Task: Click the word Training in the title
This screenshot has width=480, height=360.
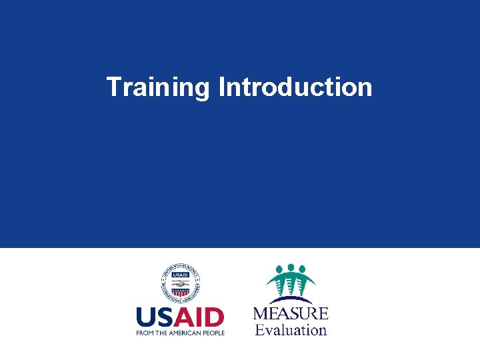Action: coord(158,87)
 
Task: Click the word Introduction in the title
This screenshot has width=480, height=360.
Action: coord(295,87)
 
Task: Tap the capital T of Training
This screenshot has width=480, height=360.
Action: coord(113,87)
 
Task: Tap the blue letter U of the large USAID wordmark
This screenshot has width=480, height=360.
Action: coord(147,317)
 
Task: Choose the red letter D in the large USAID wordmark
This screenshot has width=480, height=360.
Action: coord(214,317)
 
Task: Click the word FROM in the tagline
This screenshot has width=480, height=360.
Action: coord(145,333)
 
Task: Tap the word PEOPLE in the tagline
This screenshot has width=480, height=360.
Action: coord(215,333)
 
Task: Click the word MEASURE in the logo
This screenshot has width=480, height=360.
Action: coord(291,313)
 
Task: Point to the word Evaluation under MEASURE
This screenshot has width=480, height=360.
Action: coord(291,329)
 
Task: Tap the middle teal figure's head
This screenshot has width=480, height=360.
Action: coord(291,267)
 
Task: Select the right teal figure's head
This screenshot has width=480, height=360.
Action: coord(304,270)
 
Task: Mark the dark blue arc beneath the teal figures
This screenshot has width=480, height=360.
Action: coord(291,299)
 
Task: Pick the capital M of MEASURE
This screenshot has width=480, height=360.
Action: coord(261,313)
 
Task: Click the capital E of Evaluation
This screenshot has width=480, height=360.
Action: coord(259,329)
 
